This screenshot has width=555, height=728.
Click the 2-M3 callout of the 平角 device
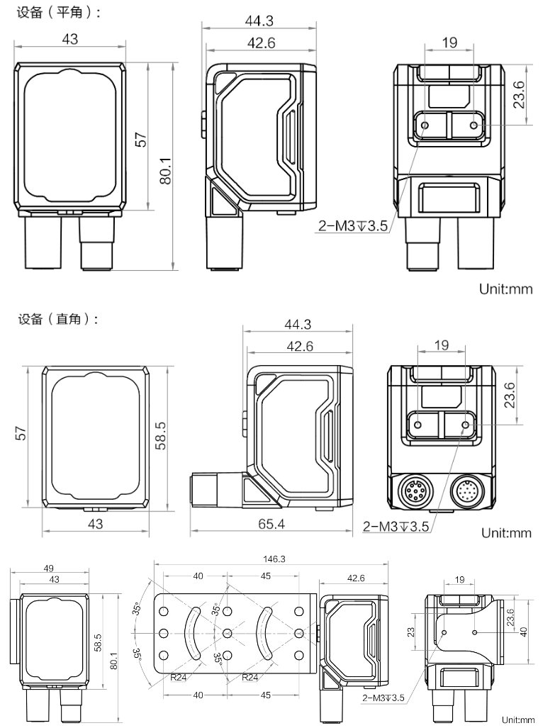click(352, 227)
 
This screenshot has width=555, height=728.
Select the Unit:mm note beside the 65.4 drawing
click(506, 533)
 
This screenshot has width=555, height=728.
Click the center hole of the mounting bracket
click(227, 632)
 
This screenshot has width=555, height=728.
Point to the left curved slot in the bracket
click(191, 632)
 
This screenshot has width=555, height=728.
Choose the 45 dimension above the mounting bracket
click(265, 576)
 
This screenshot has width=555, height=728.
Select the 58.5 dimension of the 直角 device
click(161, 435)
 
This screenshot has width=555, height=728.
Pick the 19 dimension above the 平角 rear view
click(449, 43)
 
